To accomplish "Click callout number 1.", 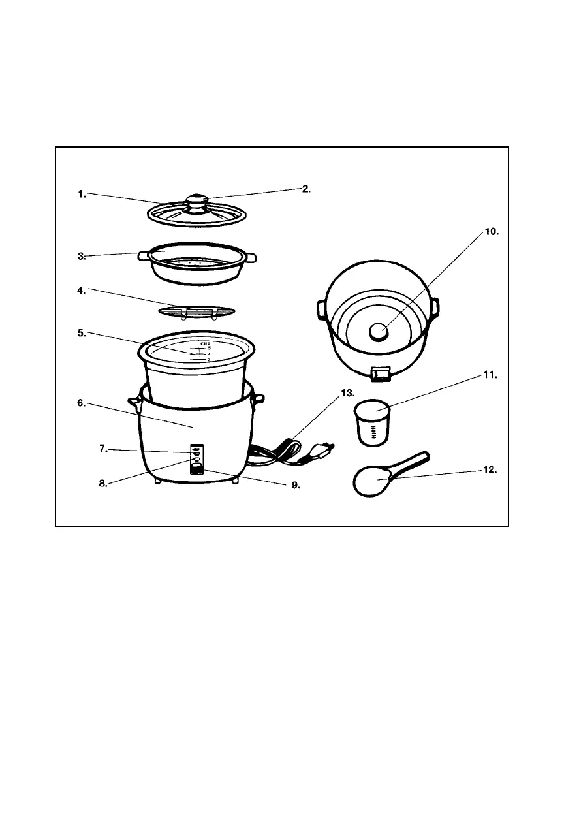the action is pos(81,193).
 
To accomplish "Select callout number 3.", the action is pos(81,257).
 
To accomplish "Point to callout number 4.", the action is pos(81,291).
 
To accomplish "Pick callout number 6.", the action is pos(81,403).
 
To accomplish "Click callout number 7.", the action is pos(103,449).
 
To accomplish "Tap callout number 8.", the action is pos(103,484).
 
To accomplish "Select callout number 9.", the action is pos(295,485).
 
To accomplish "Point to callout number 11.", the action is pos(490,375).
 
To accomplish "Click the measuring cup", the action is pos(372,423).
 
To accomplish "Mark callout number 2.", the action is pos(307,189).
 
